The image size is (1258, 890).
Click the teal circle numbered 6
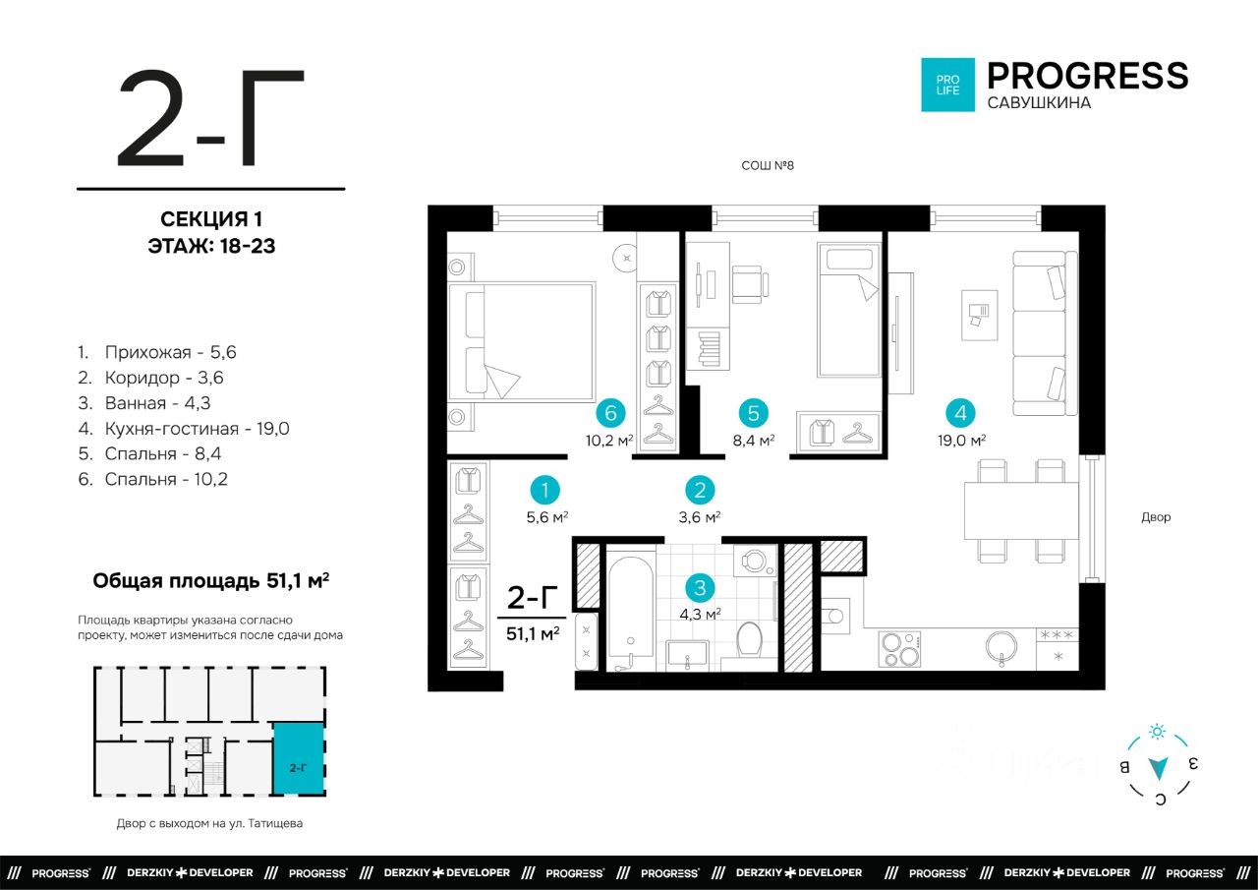pos(610,413)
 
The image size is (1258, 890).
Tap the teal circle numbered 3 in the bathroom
pos(700,588)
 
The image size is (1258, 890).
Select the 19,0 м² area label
pos(961,440)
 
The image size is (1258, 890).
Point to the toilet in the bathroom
pos(749,639)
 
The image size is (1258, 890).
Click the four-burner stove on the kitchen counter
pos(899,649)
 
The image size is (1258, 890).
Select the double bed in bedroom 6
pos(521,342)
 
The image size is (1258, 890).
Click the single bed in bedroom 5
pos(848,310)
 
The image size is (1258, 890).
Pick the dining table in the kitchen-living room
pos(1021,510)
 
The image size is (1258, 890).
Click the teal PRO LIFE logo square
pos(948,85)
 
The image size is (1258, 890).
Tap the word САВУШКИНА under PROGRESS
pos(1039,103)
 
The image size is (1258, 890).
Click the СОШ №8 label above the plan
pos(768,165)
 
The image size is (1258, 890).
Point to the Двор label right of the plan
pos(1156,517)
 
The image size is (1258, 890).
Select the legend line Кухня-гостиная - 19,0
pos(184,429)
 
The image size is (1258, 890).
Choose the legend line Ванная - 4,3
pos(144,403)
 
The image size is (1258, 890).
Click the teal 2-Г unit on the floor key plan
pos(298,758)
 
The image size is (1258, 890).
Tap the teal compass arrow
pos(1158,768)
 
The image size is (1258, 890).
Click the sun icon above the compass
pos(1157,732)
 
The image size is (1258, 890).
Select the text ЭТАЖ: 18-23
pos(211,246)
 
